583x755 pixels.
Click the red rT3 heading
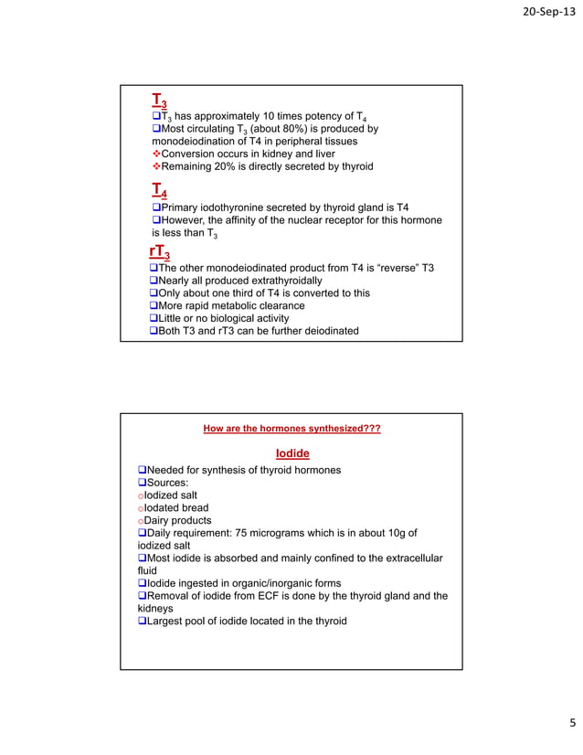(160, 252)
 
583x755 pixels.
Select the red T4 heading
(159, 190)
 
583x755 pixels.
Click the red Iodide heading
(292, 453)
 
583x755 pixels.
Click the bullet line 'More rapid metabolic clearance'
(231, 306)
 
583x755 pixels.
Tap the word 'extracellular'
(408, 558)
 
